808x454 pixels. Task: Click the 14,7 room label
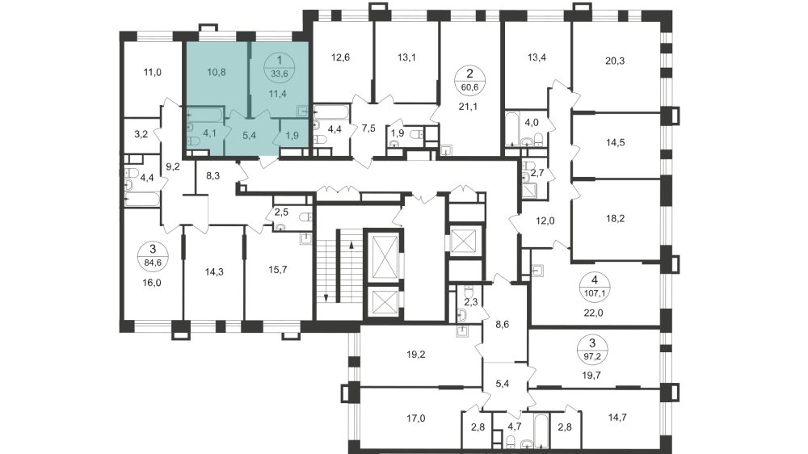[618, 418]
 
